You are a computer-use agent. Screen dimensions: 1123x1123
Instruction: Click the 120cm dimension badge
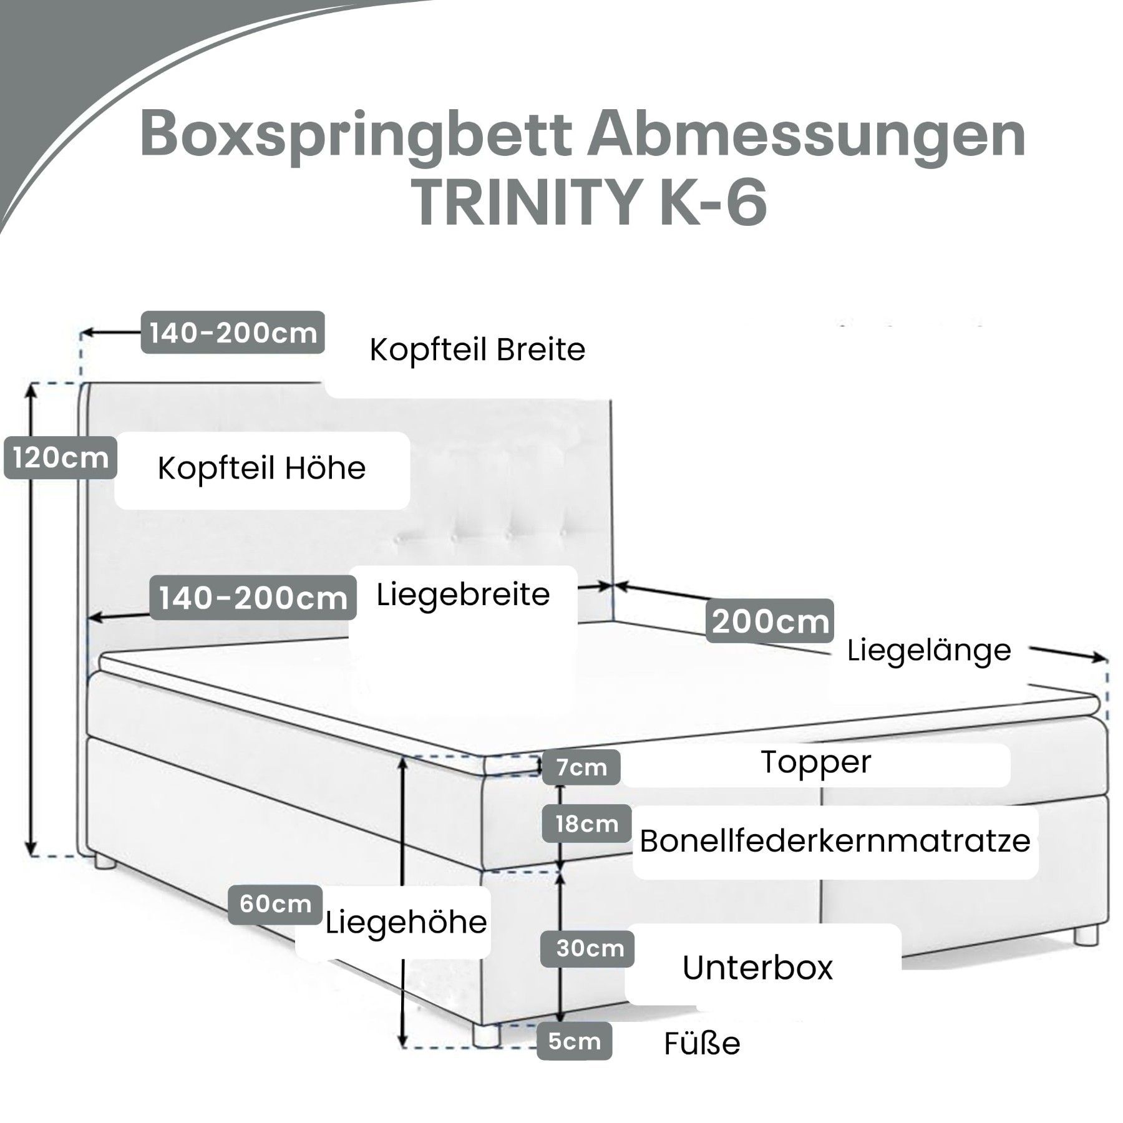tap(60, 459)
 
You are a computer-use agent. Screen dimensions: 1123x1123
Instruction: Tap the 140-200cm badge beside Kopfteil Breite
tap(233, 333)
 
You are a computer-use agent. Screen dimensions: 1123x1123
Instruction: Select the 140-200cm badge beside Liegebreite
tap(253, 598)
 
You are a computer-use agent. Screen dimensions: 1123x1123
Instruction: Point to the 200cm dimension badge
tap(770, 621)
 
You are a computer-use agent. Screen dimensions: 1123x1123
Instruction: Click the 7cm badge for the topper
tap(581, 767)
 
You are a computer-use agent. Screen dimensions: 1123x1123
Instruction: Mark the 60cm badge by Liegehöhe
tap(275, 904)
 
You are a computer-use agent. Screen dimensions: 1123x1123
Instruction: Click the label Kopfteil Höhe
tap(261, 469)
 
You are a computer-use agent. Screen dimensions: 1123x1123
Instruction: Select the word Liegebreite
tap(463, 595)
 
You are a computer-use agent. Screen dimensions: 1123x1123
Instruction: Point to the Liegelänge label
tap(929, 651)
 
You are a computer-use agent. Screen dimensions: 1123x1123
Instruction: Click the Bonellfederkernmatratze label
tap(835, 842)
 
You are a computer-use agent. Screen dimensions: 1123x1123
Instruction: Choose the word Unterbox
tap(757, 967)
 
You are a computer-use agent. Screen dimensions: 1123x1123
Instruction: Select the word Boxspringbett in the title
tap(356, 134)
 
